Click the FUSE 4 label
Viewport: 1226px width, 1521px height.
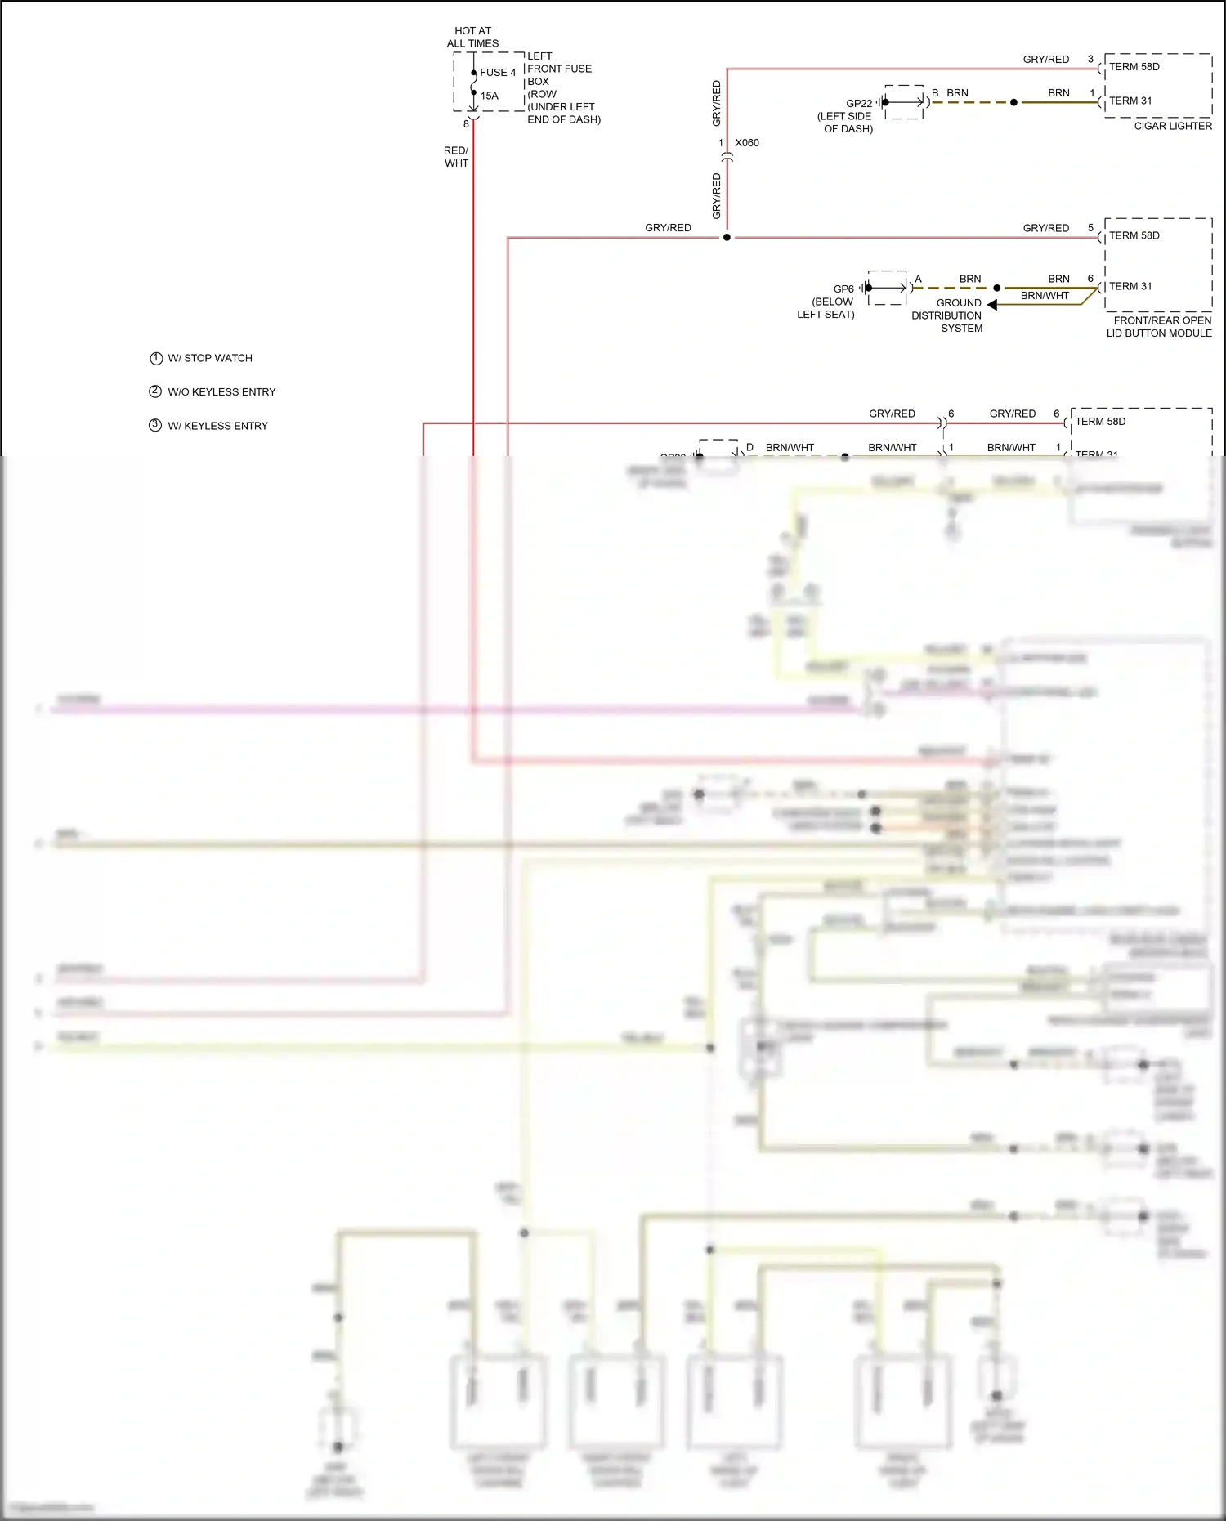[x=497, y=73]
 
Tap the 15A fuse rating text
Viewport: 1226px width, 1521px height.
[x=489, y=96]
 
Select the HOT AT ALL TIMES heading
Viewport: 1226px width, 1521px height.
[x=472, y=37]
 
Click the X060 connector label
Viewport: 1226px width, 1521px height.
[x=746, y=143]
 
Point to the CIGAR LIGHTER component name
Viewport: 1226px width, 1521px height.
[x=1172, y=126]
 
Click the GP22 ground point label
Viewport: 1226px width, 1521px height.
[x=858, y=104]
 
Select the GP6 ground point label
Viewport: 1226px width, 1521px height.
[x=843, y=289]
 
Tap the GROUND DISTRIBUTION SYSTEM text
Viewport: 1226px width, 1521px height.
[x=948, y=315]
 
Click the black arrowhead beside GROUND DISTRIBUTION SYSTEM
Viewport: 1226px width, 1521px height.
[x=992, y=305]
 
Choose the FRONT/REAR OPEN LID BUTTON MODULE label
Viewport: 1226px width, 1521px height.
[x=1159, y=327]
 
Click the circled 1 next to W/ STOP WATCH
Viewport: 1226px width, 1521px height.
[x=156, y=358]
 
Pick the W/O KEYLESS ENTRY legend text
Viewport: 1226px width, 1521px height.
[x=221, y=392]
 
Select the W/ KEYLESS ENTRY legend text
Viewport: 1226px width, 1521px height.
[x=217, y=426]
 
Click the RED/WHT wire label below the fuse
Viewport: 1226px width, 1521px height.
[x=456, y=157]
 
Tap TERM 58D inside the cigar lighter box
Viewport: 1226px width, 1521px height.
[x=1134, y=67]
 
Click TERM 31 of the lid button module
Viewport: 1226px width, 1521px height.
[x=1130, y=286]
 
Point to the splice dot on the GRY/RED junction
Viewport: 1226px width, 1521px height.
[x=727, y=238]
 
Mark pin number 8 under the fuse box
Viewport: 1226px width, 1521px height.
[x=466, y=124]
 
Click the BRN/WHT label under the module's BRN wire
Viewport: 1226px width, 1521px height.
[x=1044, y=296]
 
